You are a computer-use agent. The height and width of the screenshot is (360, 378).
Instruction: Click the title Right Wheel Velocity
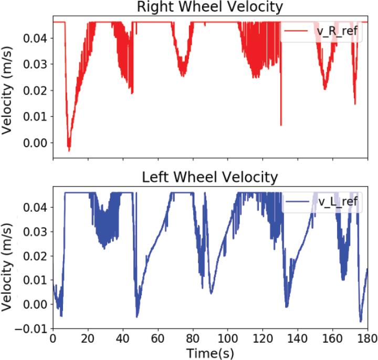210,7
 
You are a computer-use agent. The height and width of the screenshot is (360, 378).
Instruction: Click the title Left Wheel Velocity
210,177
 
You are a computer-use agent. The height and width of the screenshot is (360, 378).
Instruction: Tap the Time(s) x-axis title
210,351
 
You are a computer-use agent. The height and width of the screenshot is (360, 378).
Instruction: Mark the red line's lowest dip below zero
69,150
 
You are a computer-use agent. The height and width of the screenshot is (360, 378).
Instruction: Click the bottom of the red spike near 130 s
281,125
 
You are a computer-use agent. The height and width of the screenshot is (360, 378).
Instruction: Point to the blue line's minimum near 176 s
361,321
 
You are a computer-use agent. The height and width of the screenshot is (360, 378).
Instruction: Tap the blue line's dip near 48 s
137,316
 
